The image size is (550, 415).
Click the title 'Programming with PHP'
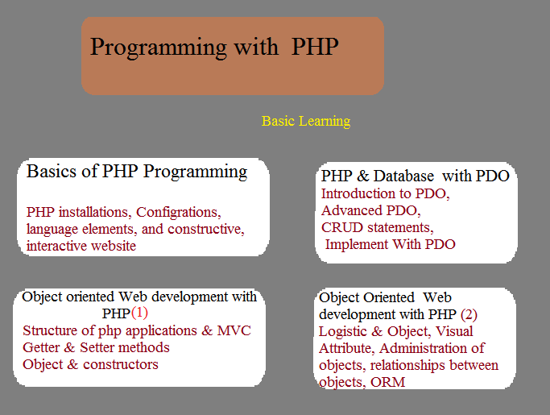coord(214,48)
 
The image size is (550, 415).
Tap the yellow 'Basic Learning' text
coord(306,122)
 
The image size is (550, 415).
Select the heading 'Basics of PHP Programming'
coord(137,172)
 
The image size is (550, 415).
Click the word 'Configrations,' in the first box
coord(179,213)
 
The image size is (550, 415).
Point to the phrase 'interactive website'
coord(81,246)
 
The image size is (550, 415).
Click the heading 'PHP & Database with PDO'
coord(416,176)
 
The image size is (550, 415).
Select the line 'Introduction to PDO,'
coord(386,194)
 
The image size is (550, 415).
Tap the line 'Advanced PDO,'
coord(370,210)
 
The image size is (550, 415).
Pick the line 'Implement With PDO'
coord(390,244)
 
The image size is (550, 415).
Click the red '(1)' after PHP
coord(139,313)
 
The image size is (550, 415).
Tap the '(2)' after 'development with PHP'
coord(469,314)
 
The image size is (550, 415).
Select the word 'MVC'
coord(234,330)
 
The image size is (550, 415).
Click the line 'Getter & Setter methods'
coord(96,347)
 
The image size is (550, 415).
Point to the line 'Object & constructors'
coord(90,364)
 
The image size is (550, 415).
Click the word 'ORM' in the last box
coord(387,382)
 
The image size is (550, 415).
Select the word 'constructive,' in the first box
coord(206,230)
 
